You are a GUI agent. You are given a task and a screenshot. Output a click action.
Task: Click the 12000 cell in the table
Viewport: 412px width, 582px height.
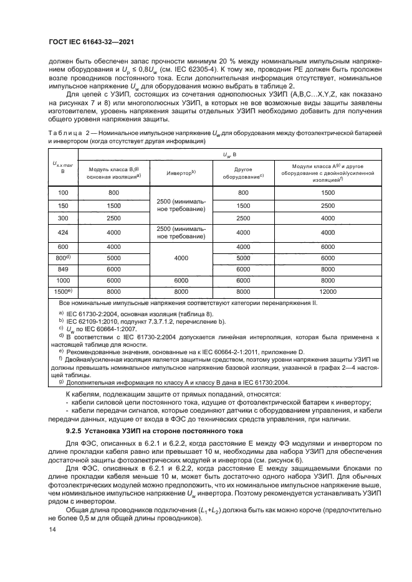(x=328, y=291)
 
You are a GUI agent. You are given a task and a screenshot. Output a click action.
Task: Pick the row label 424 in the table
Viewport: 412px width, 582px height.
(x=62, y=233)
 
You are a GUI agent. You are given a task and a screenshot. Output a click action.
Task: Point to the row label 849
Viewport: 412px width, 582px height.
(x=62, y=268)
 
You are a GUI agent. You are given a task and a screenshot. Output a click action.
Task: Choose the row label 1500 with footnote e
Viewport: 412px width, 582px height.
(x=62, y=291)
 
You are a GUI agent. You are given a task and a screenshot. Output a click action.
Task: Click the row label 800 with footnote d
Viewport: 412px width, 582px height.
(x=62, y=257)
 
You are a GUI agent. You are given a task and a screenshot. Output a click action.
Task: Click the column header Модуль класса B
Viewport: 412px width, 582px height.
(x=113, y=172)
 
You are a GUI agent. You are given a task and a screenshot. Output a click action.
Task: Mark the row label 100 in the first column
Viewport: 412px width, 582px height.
(x=62, y=194)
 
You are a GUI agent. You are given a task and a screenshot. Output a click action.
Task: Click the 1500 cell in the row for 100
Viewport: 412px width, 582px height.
(x=328, y=194)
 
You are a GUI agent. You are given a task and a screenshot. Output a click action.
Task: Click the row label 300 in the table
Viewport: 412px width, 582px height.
(x=62, y=217)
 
